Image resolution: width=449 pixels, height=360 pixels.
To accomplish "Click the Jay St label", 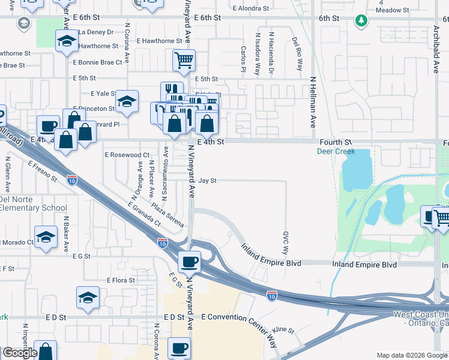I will pyautogui.click(x=207, y=180).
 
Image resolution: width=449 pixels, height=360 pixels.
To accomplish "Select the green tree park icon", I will pyautogui.click(x=361, y=22).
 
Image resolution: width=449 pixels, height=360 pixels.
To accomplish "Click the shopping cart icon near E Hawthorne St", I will pyautogui.click(x=184, y=59).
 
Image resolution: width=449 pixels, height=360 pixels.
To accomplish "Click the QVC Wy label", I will pyautogui.click(x=286, y=241).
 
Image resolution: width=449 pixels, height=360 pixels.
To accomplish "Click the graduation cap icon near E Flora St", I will pyautogui.click(x=88, y=297).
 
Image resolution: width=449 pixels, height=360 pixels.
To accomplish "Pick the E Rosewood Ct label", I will pyautogui.click(x=127, y=154).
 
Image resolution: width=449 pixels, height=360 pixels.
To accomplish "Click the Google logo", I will pyautogui.click(x=20, y=353).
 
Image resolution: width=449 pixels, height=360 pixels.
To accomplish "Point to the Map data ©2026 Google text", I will pyautogui.click(x=412, y=355).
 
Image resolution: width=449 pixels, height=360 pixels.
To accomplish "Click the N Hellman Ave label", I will pyautogui.click(x=313, y=102).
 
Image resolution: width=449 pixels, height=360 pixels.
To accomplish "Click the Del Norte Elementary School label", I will pyautogui.click(x=34, y=204).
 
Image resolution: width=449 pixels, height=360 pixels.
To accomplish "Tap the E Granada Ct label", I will pyautogui.click(x=144, y=214).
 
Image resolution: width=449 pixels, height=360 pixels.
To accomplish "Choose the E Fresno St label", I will pyautogui.click(x=42, y=170).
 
